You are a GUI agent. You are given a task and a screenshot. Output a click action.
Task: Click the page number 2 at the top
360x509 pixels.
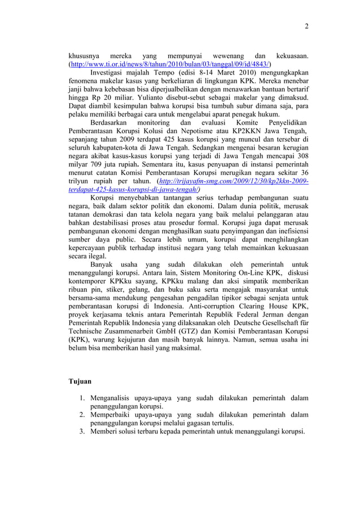coord(306,26)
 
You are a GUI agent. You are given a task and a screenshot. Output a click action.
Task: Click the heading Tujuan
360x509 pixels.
coord(80,382)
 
